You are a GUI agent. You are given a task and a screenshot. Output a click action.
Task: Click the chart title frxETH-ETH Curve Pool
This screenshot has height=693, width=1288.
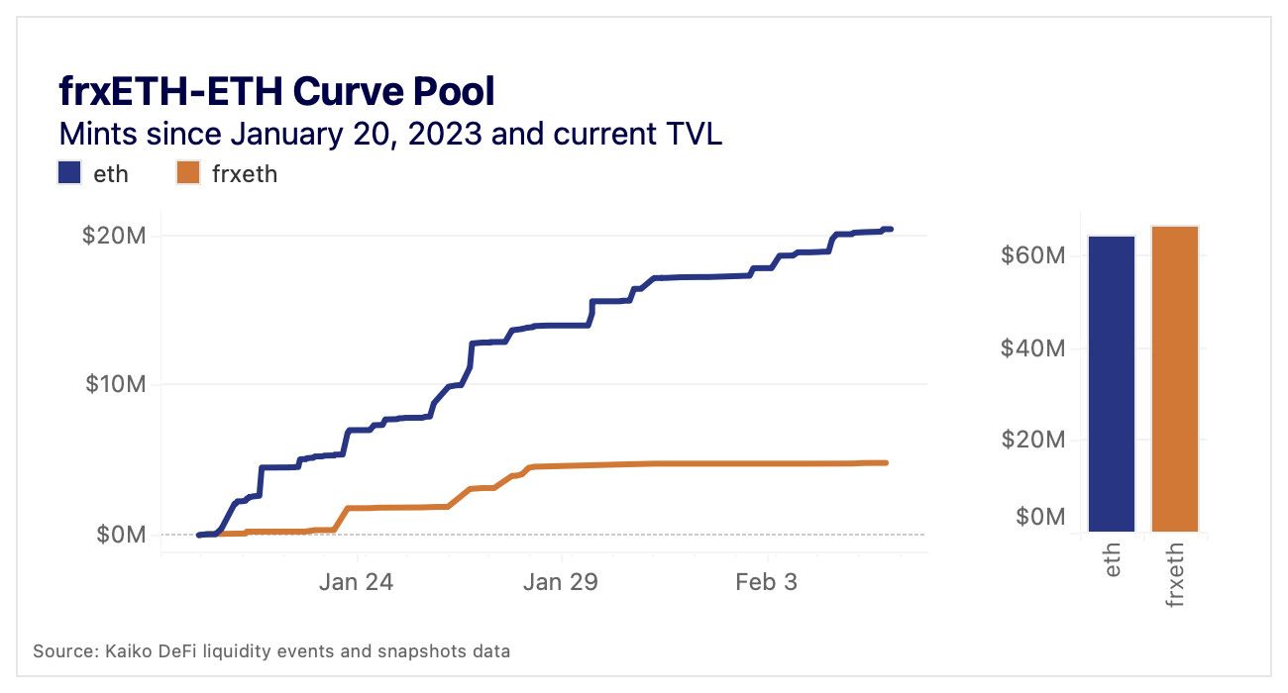click(276, 92)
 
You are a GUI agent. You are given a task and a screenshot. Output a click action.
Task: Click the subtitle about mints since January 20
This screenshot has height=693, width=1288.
click(390, 133)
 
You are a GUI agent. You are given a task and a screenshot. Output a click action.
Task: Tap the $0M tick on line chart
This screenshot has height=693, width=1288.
click(122, 535)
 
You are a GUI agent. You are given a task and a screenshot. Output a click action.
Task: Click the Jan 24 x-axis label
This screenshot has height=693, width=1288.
click(356, 582)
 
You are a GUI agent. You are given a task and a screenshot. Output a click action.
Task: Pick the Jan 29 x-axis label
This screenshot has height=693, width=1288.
click(561, 582)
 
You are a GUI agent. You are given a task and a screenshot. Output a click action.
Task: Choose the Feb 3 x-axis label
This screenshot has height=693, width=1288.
click(766, 582)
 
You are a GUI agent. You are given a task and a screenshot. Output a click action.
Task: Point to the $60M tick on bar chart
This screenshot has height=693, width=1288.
click(1033, 255)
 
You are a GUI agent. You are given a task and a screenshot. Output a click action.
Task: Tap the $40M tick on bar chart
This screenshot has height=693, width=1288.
click(1033, 347)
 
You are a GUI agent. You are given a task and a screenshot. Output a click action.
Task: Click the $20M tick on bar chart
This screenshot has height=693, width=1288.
click(1033, 439)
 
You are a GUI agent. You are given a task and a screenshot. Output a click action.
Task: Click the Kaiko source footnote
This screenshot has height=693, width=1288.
click(272, 651)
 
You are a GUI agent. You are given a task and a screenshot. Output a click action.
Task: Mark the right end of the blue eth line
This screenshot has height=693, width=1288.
click(891, 230)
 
